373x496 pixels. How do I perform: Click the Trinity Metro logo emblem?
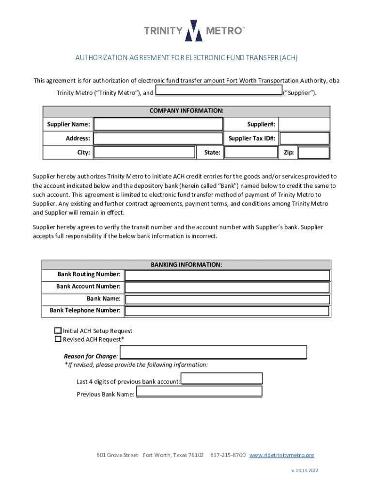click(194, 31)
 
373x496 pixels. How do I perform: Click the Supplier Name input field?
click(158, 124)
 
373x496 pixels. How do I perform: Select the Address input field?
click(158, 139)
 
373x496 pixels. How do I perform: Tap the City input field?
click(144, 153)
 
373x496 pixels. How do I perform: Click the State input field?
click(251, 153)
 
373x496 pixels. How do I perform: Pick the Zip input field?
click(313, 153)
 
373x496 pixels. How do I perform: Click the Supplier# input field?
click(304, 124)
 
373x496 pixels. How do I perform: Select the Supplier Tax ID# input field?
click(304, 139)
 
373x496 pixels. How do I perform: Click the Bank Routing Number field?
click(227, 275)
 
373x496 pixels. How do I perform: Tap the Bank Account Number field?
click(227, 287)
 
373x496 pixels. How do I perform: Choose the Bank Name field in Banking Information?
click(227, 299)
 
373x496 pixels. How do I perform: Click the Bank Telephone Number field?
click(227, 311)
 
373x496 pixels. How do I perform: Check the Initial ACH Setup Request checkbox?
click(58, 331)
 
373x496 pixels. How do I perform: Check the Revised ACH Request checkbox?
click(58, 340)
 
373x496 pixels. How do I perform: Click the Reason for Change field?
click(213, 352)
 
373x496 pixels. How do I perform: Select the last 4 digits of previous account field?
click(222, 378)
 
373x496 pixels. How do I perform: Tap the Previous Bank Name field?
click(199, 391)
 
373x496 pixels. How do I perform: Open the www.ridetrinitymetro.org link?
click(281, 455)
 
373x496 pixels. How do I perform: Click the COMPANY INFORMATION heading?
click(186, 111)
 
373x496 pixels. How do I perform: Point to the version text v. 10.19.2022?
click(305, 470)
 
